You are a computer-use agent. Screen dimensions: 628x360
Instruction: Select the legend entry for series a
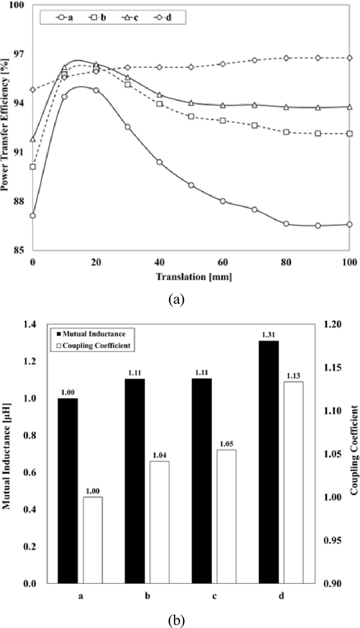[x=63, y=18]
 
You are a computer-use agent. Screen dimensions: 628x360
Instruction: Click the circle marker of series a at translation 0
[x=32, y=216]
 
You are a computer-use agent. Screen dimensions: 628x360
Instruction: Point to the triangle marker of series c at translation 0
[x=32, y=140]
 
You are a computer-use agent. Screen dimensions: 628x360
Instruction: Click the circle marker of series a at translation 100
[x=350, y=224]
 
